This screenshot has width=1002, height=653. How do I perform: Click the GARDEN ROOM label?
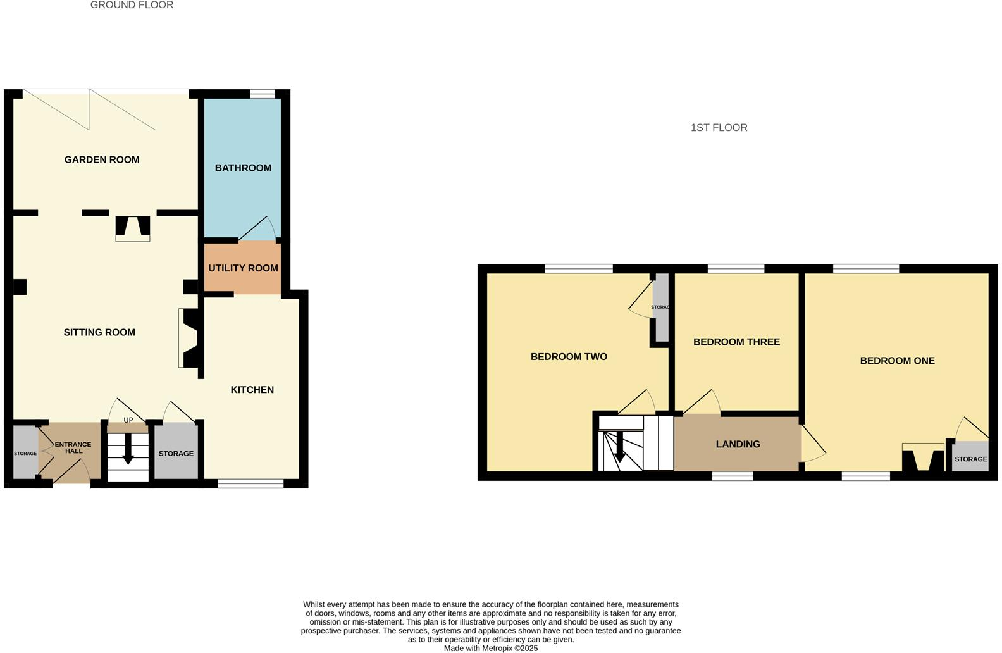(x=102, y=159)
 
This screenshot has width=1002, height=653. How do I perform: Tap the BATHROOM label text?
(x=243, y=168)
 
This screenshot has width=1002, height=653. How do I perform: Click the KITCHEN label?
(x=252, y=390)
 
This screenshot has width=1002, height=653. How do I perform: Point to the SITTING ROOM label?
(x=99, y=332)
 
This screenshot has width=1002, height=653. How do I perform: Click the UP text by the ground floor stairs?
(x=128, y=420)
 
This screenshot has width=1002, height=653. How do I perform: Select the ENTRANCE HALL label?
(x=73, y=447)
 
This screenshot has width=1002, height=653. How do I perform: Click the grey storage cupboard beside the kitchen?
(x=176, y=454)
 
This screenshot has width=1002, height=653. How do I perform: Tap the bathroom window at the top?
(x=263, y=94)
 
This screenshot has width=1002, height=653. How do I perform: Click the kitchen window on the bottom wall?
(x=250, y=484)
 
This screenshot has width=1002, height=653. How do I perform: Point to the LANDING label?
(x=738, y=444)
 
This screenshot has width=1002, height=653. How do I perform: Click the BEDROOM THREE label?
(x=736, y=342)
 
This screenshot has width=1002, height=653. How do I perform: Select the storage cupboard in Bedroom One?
(x=970, y=459)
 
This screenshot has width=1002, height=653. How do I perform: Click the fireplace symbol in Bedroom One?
(x=923, y=458)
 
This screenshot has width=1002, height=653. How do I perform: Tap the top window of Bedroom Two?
(x=579, y=269)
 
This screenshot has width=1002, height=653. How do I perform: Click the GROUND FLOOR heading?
(x=132, y=5)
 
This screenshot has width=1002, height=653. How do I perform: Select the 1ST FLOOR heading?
(x=719, y=128)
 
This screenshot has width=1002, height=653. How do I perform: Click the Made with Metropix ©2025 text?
(x=491, y=648)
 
